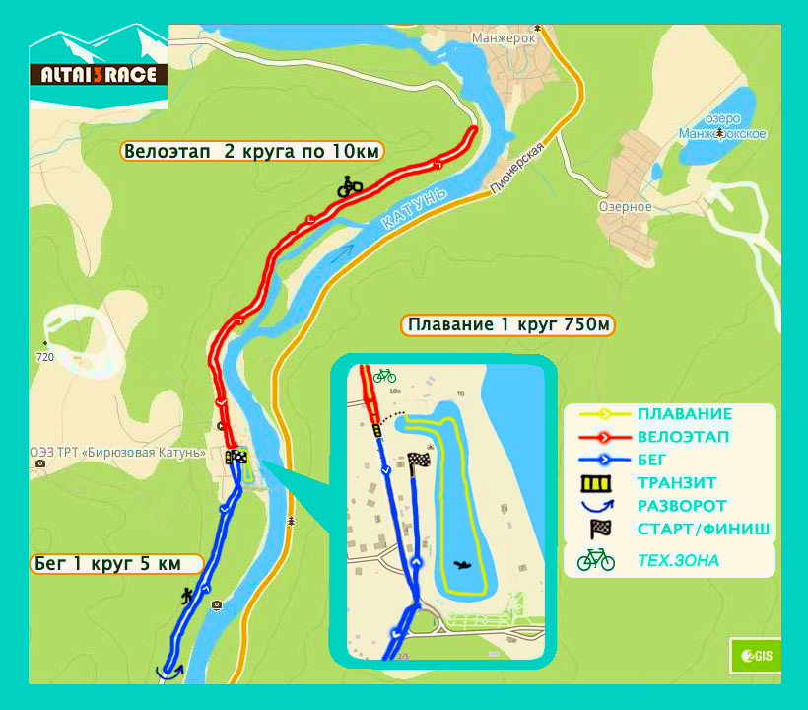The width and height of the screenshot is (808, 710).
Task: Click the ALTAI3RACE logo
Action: [99, 73]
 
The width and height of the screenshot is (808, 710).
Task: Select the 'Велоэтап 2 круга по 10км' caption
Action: [252, 151]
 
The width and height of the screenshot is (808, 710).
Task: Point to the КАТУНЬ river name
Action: [414, 209]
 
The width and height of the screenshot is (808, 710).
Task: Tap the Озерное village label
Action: [625, 207]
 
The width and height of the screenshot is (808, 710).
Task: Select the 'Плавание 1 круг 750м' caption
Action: [506, 324]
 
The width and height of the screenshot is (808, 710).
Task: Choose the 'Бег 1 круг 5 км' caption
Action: [116, 564]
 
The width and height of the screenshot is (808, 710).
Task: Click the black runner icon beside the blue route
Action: [187, 595]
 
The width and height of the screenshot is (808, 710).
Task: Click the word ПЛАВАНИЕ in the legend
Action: [684, 414]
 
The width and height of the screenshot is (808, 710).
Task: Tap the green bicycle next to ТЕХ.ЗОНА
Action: [596, 560]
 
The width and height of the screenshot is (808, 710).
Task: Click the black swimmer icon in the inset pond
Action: [460, 564]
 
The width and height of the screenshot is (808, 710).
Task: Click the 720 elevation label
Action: [44, 357]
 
